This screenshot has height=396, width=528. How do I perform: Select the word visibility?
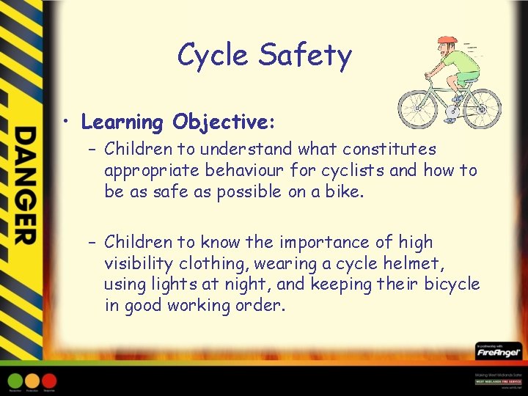click(x=140, y=263)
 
